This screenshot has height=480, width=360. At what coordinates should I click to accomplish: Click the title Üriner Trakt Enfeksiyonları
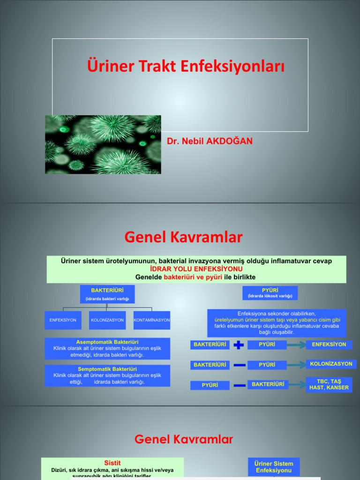click(x=186, y=66)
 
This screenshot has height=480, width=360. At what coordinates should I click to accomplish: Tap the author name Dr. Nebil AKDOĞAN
click(x=210, y=141)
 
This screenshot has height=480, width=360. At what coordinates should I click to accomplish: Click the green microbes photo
click(x=103, y=144)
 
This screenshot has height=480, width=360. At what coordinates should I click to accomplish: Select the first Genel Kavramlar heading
click(x=183, y=238)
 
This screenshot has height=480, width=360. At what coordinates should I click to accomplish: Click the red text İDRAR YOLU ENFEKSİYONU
click(x=196, y=269)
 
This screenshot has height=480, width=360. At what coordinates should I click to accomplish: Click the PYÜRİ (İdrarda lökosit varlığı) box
click(x=270, y=293)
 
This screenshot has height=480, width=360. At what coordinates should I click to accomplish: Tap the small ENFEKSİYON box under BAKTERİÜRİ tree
click(x=63, y=320)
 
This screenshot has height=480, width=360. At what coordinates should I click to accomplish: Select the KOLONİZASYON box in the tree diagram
click(x=107, y=320)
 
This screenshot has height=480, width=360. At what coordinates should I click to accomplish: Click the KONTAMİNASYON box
click(x=152, y=320)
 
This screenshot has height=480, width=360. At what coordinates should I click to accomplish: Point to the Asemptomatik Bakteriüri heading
click(x=107, y=342)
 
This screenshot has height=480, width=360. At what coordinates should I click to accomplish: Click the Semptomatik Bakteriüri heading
click(x=107, y=369)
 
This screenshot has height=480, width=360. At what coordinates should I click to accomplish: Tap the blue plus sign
click(x=239, y=345)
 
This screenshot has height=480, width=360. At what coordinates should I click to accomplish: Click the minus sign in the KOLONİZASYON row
click(x=239, y=365)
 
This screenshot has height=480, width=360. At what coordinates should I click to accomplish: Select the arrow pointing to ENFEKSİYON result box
click(x=296, y=345)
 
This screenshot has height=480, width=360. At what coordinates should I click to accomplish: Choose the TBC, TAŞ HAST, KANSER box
click(x=329, y=384)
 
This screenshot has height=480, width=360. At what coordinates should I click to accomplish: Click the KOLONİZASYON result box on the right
click(x=331, y=364)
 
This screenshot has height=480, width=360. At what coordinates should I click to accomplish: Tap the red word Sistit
click(x=112, y=463)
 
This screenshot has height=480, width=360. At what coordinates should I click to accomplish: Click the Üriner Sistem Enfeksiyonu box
click(x=274, y=466)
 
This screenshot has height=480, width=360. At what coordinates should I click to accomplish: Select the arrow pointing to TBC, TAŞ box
click(x=296, y=385)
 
